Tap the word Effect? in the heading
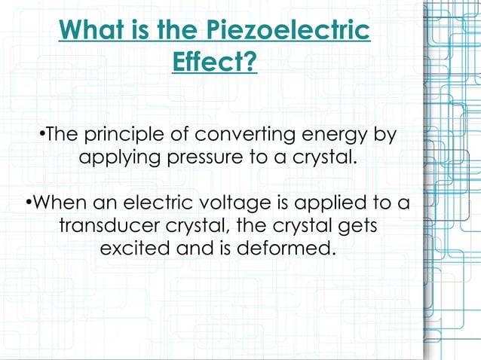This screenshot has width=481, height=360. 215,61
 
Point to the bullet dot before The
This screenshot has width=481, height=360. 42,136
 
